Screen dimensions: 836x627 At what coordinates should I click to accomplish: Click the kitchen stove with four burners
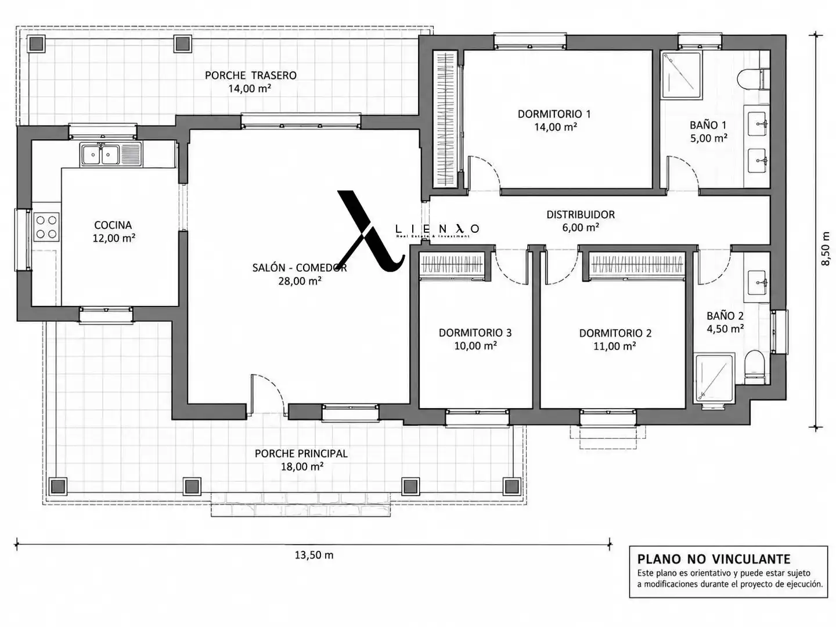click(x=46, y=227)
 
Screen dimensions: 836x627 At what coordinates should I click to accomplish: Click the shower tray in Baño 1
click(x=680, y=75)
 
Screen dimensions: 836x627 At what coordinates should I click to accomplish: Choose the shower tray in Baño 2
click(x=714, y=378)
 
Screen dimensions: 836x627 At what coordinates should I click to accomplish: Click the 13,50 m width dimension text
click(x=314, y=556)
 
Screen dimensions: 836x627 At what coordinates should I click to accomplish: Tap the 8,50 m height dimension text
click(x=825, y=248)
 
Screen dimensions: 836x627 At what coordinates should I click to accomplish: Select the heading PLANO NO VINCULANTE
click(x=714, y=559)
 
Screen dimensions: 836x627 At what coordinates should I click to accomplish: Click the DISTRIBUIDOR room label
click(x=581, y=215)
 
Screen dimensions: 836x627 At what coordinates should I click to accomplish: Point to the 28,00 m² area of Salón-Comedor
click(x=300, y=281)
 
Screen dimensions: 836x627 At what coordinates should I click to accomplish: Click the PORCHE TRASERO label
click(x=251, y=75)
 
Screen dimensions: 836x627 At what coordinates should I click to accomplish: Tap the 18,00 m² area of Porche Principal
click(x=302, y=466)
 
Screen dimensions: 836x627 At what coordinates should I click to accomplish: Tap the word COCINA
click(x=113, y=225)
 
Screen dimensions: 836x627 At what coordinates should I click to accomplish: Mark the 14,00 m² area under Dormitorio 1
click(x=555, y=127)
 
